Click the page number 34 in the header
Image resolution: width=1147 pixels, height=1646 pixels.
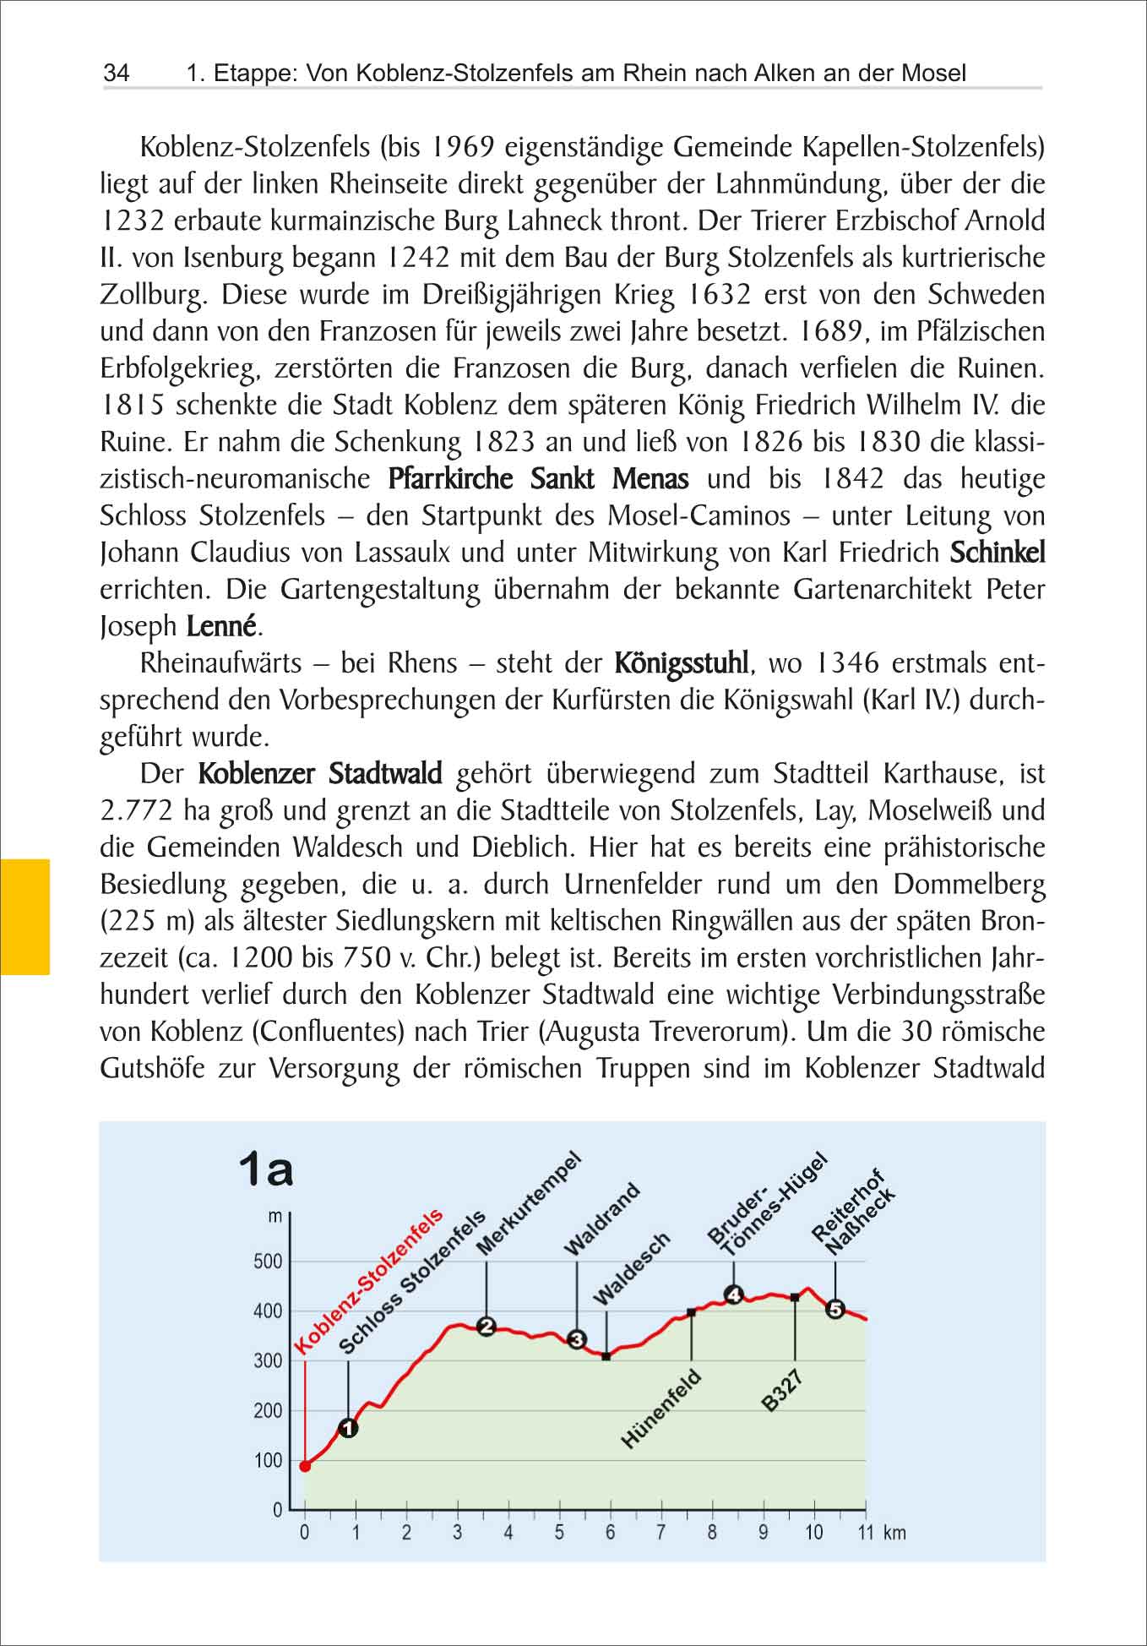[117, 74]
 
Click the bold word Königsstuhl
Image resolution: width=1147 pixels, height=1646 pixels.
[681, 662]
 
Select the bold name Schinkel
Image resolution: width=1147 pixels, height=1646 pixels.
[998, 553]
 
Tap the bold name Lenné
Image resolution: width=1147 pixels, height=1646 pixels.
[220, 626]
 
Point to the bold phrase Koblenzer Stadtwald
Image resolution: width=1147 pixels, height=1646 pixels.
[320, 773]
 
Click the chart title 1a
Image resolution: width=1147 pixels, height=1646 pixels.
[266, 1169]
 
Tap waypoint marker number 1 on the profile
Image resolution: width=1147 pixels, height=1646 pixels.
[348, 1428]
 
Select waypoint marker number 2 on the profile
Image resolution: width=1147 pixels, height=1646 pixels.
[487, 1327]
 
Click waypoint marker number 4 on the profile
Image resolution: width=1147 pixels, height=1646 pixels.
[733, 1294]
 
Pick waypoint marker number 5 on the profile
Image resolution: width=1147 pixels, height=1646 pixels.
[835, 1309]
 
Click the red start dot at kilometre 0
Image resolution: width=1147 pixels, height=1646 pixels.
[305, 1466]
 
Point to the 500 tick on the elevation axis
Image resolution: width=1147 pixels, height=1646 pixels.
[268, 1262]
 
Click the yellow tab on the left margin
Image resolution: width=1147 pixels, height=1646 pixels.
[24, 917]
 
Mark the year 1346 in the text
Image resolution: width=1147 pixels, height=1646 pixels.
[848, 662]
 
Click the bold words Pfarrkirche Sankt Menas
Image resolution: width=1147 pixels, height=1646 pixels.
[538, 479]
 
